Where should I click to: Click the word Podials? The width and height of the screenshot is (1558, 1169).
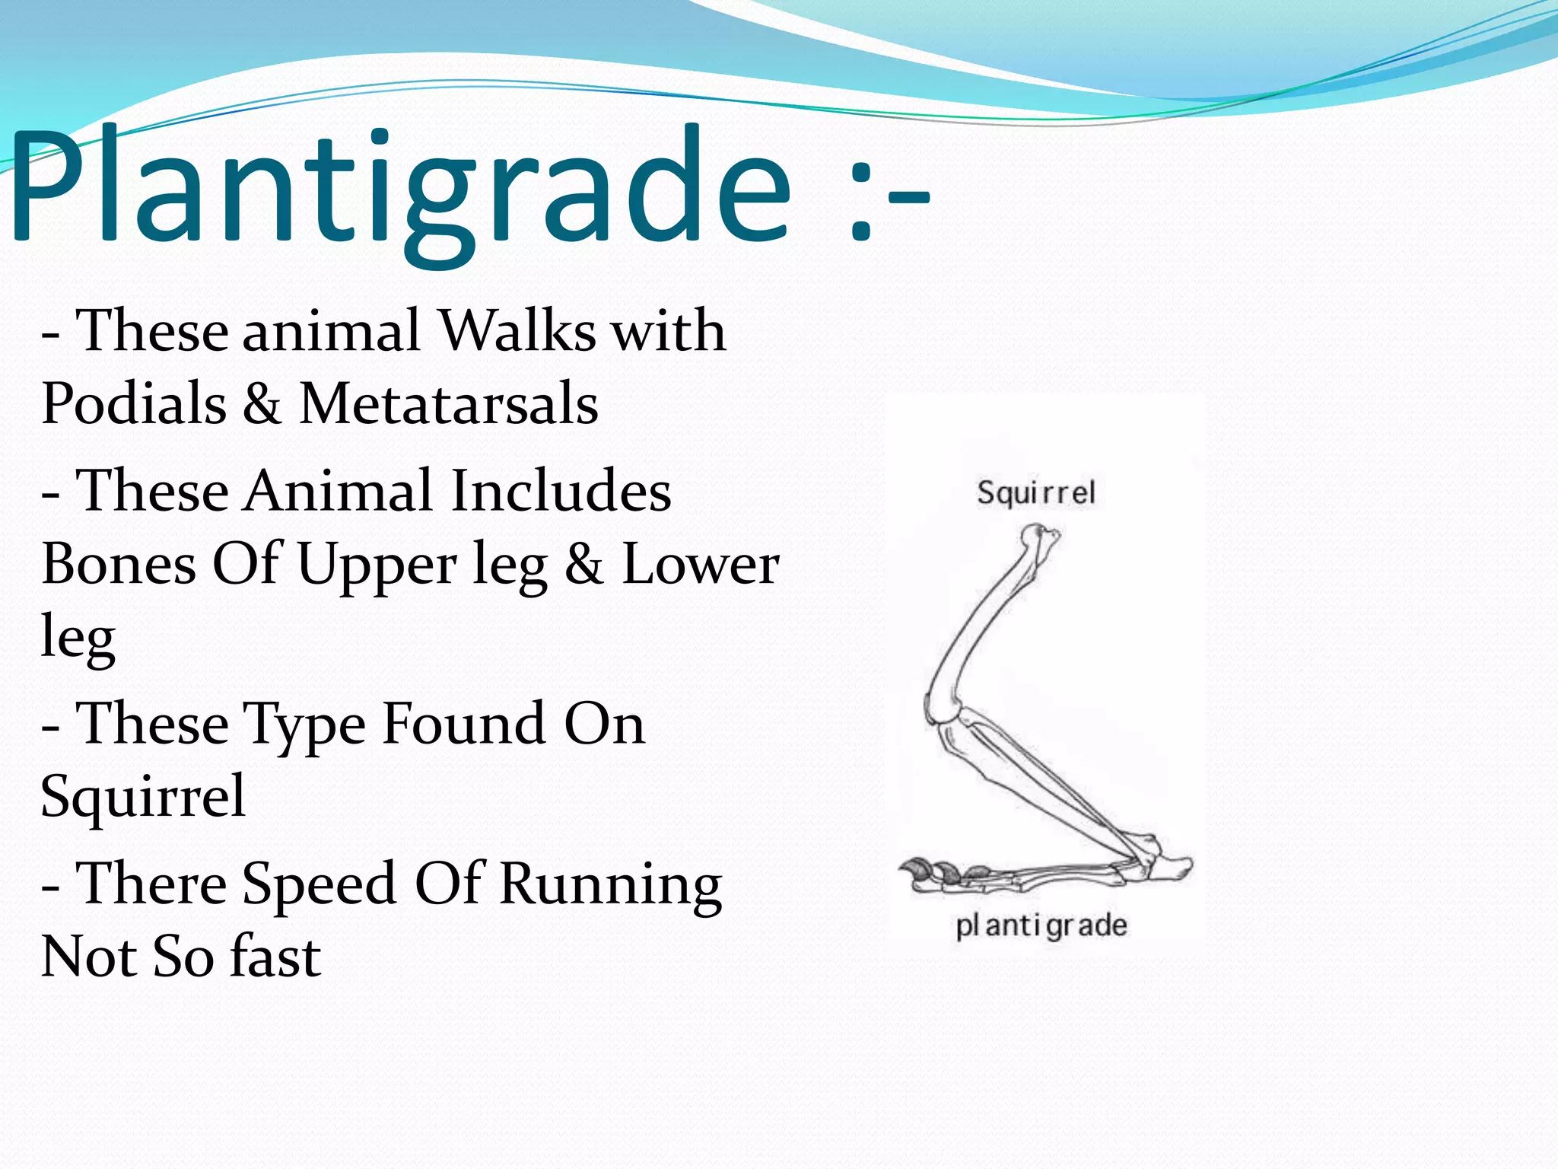134,403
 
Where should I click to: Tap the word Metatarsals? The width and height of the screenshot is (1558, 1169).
449,403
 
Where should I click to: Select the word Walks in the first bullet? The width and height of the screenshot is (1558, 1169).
518,331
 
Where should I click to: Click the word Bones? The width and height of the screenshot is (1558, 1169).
119,564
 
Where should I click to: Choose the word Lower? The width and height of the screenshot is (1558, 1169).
701,564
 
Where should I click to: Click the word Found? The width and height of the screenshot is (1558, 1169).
463,723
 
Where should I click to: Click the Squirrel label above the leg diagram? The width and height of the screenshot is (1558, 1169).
1036,493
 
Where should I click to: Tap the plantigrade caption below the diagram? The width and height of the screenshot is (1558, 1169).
1041,925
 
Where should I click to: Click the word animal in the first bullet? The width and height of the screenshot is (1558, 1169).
331,331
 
